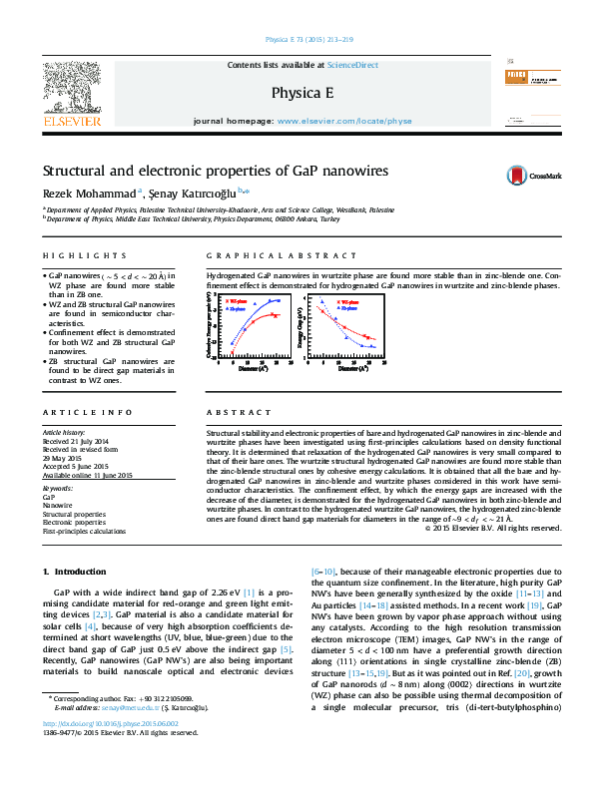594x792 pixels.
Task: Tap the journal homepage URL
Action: pyautogui.click(x=343, y=121)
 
